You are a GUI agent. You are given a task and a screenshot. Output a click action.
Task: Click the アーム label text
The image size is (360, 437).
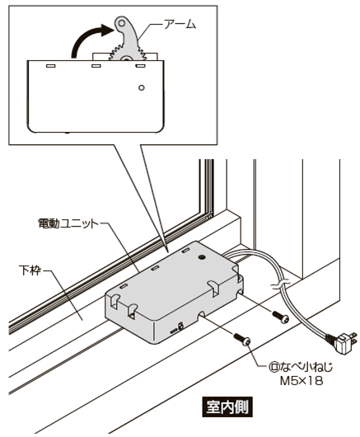coord(180,25)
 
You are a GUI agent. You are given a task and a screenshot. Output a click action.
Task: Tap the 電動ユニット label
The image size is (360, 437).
coord(68,223)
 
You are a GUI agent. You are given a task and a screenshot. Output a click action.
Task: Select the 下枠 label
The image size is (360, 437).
coord(30,270)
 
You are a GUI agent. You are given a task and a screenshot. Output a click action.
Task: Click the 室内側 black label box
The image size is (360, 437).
coord(227,407)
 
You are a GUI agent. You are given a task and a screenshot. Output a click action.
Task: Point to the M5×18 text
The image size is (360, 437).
coord(302,381)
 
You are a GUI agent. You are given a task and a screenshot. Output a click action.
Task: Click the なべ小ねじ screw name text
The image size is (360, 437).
coord(306,367)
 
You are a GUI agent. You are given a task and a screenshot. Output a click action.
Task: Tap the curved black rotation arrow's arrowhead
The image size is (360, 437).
coord(107,30)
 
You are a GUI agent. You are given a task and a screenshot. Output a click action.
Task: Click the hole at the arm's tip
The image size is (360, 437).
coord(122,23)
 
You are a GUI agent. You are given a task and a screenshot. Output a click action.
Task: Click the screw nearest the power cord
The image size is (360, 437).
coord(281,317)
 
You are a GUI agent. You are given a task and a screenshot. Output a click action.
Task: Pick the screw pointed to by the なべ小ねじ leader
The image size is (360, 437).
coord(242,339)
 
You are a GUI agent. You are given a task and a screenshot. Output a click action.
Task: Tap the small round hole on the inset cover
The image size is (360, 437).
coord(142,87)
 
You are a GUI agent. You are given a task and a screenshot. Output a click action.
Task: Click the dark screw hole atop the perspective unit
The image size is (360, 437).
coord(202,257)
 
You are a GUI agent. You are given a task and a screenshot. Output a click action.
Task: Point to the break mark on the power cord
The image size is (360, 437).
coord(279,286)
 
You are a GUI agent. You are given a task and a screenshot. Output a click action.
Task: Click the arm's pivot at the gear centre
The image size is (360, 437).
coord(126,59)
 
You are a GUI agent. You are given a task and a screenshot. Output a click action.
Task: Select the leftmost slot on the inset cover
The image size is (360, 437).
coord(50,66)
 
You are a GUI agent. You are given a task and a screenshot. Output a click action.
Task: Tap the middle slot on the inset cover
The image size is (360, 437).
coord(96,66)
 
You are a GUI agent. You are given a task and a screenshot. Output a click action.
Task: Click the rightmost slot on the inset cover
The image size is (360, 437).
coord(140,66)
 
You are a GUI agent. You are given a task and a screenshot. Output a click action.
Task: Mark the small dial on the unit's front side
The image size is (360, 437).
coord(180,326)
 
